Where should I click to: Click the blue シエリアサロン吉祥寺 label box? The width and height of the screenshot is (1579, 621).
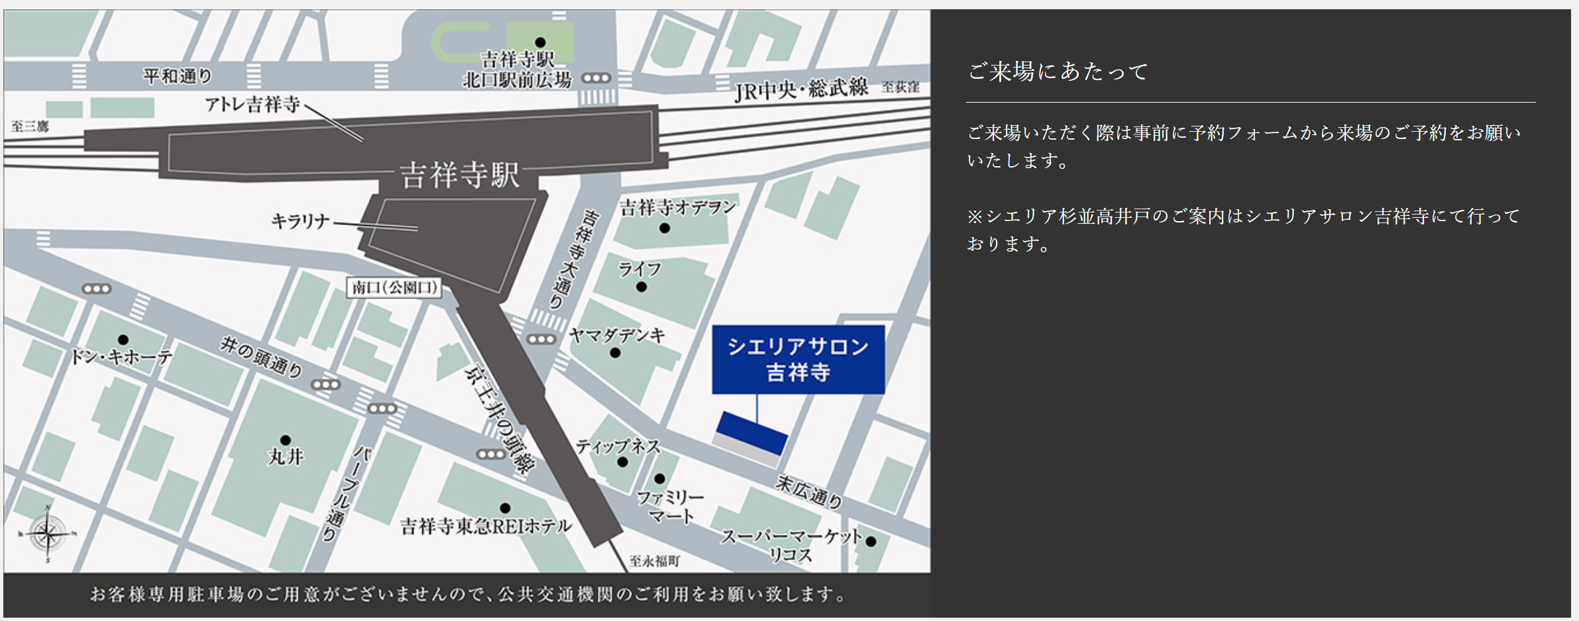(x=798, y=359)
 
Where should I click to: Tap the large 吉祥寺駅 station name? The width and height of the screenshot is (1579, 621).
(x=460, y=175)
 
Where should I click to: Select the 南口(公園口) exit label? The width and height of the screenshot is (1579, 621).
(x=394, y=287)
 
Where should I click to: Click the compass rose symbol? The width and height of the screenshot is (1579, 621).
(x=47, y=534)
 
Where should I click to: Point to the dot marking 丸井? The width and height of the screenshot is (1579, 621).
(x=286, y=440)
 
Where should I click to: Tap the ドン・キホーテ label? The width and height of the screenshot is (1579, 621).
(x=121, y=358)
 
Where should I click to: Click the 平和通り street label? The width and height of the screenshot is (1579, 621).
(x=178, y=77)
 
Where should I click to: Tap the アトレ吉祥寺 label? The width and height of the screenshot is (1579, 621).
(x=252, y=105)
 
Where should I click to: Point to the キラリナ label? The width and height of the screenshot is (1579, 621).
(x=300, y=221)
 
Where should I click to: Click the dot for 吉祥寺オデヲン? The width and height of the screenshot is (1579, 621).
(x=665, y=228)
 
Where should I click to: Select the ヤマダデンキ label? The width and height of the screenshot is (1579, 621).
(x=616, y=336)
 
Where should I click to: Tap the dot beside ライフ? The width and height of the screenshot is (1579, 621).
(x=641, y=287)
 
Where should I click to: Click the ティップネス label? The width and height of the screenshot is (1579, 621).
(x=618, y=446)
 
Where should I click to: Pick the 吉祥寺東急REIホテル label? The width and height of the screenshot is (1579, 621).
(x=486, y=526)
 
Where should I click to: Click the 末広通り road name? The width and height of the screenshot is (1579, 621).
(x=809, y=492)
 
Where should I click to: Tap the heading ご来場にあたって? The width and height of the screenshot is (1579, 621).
(x=1058, y=72)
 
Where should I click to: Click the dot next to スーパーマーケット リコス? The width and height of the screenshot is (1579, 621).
(x=871, y=542)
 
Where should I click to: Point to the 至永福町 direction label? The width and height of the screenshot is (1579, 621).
(x=654, y=561)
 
